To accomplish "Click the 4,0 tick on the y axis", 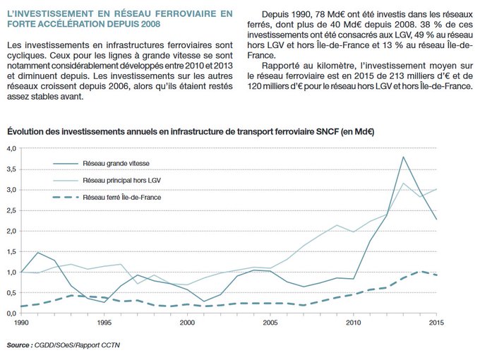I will pos(11,149).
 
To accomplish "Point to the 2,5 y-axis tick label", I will pos(11,210).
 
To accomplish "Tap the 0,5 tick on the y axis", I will pos(11,292).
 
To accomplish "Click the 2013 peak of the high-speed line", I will pos(402,157).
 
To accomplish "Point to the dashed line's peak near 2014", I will pos(420,271).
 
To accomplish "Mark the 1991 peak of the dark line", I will pos(37,253).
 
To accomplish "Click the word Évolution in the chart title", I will pos(26,131).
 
